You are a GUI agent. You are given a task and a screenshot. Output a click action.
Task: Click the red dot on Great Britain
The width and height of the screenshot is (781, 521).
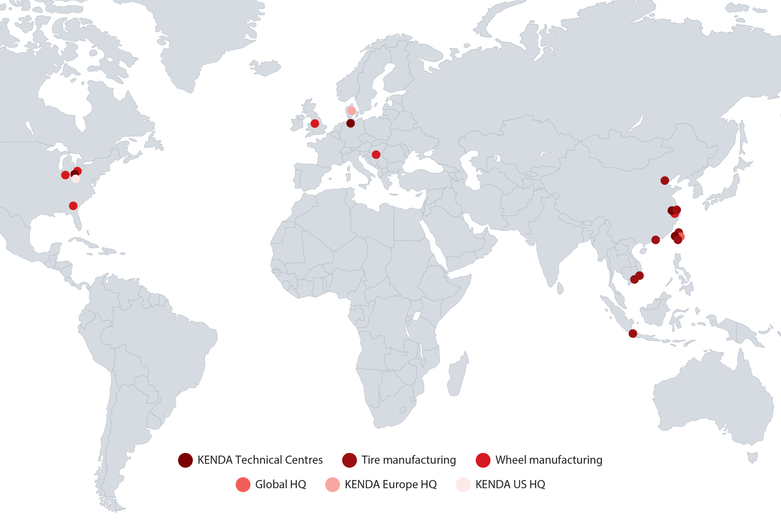point(314,124)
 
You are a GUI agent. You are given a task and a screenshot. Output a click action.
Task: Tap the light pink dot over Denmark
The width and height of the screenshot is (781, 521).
point(351,110)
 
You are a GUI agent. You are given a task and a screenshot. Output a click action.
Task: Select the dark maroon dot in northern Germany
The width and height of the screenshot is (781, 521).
point(350,123)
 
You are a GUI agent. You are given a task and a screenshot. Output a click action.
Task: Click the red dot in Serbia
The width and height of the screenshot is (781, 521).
point(376,154)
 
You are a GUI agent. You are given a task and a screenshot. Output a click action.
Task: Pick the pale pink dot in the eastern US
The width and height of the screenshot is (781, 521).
point(76,179)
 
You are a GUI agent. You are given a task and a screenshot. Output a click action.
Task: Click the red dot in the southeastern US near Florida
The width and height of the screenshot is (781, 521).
point(73,206)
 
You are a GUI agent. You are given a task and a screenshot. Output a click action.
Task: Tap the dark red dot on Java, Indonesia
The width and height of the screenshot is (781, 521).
point(633,333)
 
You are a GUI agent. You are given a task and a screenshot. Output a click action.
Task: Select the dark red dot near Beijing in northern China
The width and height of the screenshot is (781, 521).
point(665,180)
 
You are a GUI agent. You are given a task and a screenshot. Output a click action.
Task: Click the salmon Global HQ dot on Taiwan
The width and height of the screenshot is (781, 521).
point(681,237)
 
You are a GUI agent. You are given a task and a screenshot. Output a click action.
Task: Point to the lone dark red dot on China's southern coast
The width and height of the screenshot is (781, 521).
point(655,240)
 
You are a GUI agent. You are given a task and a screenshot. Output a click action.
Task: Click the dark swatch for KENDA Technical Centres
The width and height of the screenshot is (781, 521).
point(185,460)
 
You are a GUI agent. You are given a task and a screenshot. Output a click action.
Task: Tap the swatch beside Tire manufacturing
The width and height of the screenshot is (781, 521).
point(349,460)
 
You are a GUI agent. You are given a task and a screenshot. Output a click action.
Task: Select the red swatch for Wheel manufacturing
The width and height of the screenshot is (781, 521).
point(483,460)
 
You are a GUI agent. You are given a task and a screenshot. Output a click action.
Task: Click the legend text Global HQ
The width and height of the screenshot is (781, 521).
point(280,485)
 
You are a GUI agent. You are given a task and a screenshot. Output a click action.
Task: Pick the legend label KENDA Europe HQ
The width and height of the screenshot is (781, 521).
point(390,485)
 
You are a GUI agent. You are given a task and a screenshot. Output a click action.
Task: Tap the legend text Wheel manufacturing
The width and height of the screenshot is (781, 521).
point(549,460)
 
